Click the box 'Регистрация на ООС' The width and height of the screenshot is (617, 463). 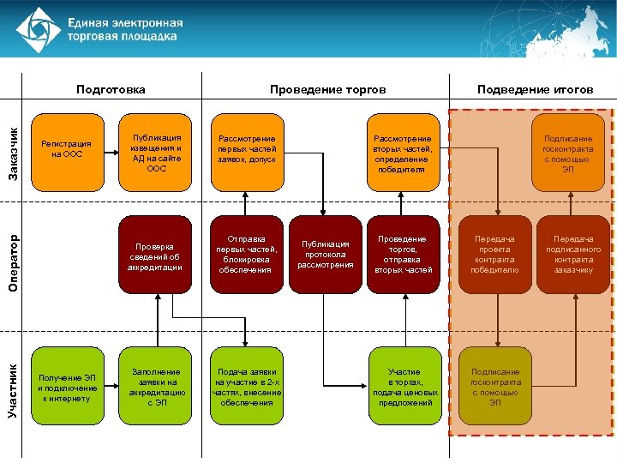pos(67,151)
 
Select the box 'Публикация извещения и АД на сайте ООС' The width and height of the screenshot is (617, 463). pos(156,152)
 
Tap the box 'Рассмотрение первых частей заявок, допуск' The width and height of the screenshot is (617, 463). pos(247,151)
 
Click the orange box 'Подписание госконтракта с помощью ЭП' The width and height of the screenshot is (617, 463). pos(567,152)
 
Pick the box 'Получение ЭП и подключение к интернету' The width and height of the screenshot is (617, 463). pos(67,386)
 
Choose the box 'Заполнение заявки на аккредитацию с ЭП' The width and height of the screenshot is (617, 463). pos(156,386)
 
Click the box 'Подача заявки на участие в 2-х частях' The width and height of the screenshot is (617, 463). pos(247,386)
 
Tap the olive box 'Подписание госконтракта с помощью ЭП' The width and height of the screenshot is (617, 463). pos(494,386)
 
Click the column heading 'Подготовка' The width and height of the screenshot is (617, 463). pos(111,89)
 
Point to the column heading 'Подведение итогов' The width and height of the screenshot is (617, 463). pos(535,89)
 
